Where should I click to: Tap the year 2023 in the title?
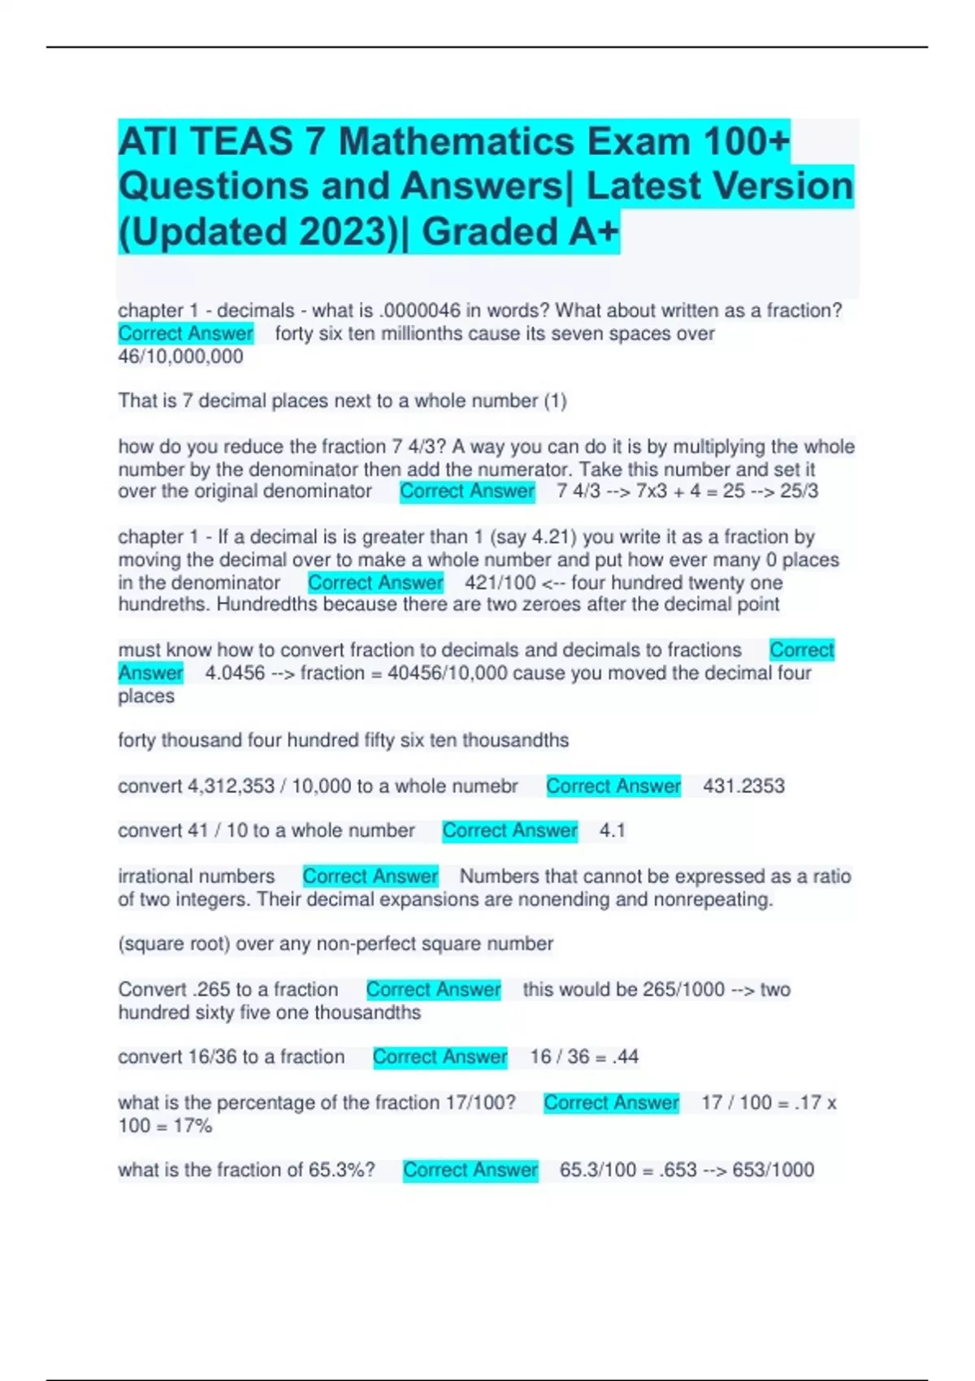pyautogui.click(x=346, y=232)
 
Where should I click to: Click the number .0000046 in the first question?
pyautogui.click(x=419, y=310)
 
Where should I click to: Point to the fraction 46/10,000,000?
pyautogui.click(x=180, y=357)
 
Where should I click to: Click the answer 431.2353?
pyautogui.click(x=743, y=786)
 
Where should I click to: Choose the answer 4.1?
pyautogui.click(x=612, y=831)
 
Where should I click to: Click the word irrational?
pyautogui.click(x=154, y=877)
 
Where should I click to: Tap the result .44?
pyautogui.click(x=625, y=1057)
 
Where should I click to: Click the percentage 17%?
pyautogui.click(x=193, y=1126)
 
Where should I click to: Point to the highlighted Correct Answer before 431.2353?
pyautogui.click(x=613, y=786)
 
